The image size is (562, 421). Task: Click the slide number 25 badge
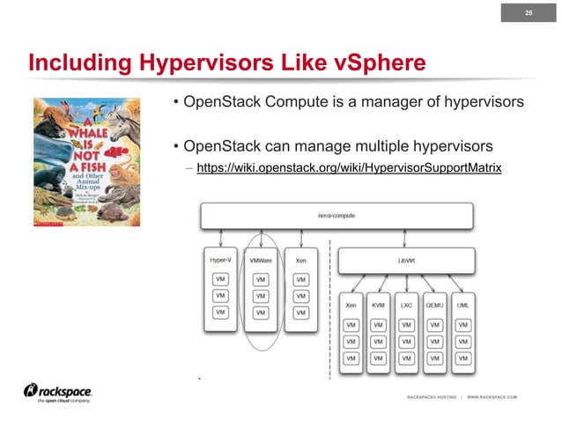coord(529,12)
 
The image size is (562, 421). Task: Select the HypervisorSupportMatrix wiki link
coord(350,166)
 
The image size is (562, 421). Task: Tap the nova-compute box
coord(337,215)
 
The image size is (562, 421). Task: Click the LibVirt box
coord(407,260)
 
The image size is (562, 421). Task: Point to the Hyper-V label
coord(221,261)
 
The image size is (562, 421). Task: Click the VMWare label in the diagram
coord(261,261)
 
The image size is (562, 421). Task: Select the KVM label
coord(378,305)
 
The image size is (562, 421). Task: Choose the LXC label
coord(407,305)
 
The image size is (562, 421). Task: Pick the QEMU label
coord(435,305)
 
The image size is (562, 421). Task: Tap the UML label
coord(463,305)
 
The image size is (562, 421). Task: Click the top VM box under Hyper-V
coord(220,279)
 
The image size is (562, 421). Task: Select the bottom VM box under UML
coord(463,358)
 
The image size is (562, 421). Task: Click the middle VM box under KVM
coord(378,341)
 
